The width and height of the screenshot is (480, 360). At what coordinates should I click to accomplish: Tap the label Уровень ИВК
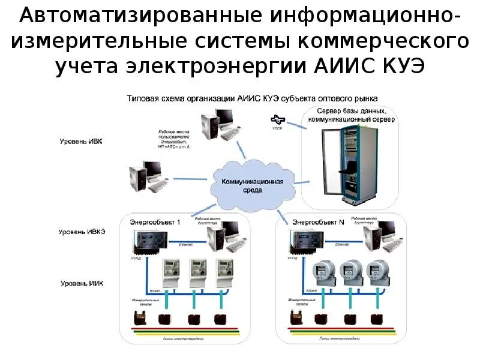tap(80, 142)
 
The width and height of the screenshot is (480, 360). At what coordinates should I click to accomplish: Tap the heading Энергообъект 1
tap(155, 222)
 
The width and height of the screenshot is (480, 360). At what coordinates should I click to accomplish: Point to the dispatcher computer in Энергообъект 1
tap(223, 235)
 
